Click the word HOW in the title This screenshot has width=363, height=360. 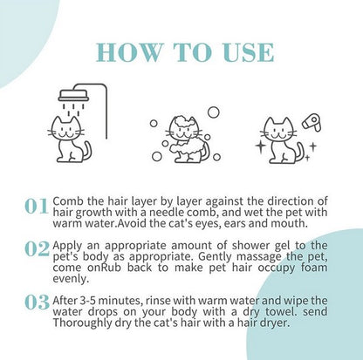click(129, 52)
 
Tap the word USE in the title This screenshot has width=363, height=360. click(249, 52)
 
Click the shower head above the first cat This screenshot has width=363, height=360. click(73, 95)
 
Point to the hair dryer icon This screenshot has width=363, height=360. click(312, 122)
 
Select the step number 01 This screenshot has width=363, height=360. click(36, 206)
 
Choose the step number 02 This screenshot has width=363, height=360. click(37, 249)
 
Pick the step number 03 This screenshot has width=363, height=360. click(37, 302)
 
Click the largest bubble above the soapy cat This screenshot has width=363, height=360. click(214, 112)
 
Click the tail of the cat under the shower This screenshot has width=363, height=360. click(86, 151)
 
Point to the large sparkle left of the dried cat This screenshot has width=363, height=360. click(261, 146)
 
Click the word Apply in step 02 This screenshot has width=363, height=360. click(67, 246)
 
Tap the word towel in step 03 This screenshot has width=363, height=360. click(282, 311)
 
